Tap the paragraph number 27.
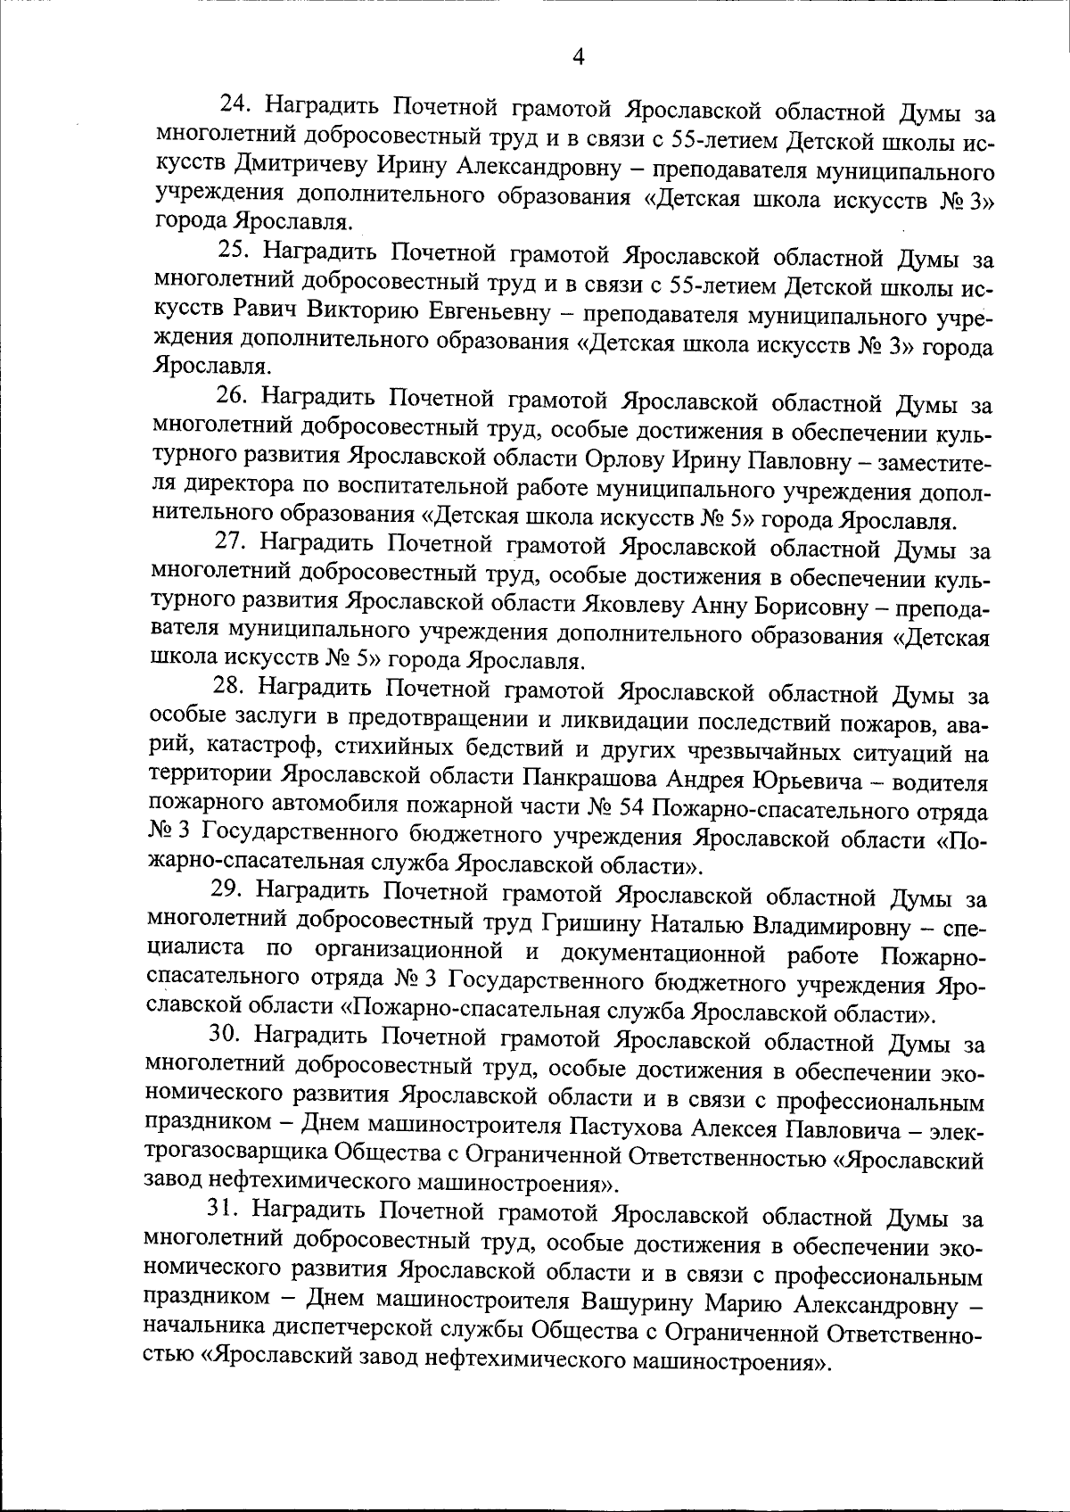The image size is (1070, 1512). click(230, 541)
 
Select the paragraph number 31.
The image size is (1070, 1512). click(223, 1209)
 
